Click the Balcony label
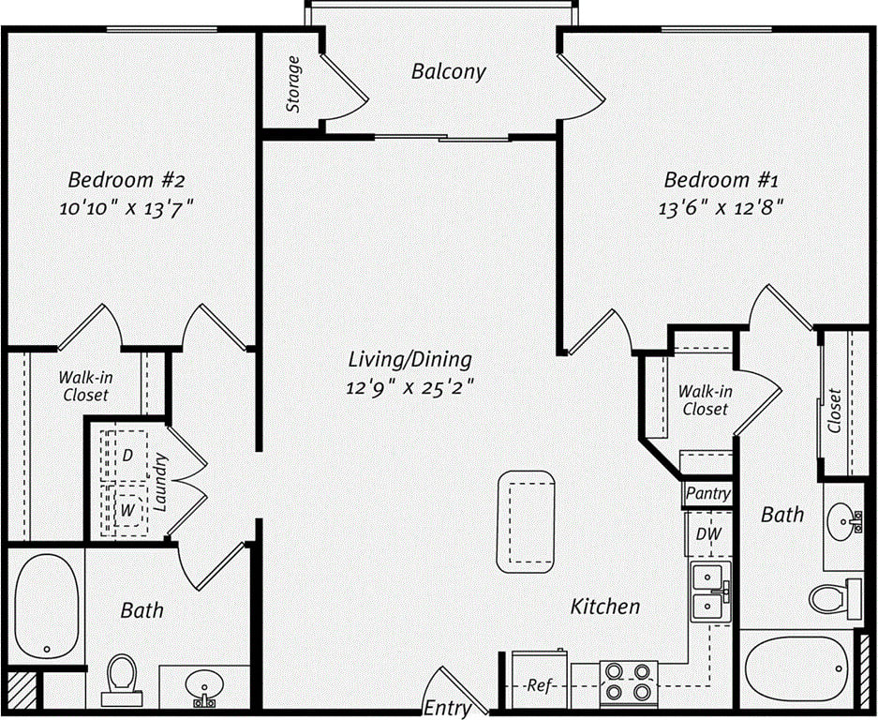(449, 71)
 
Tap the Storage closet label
(294, 84)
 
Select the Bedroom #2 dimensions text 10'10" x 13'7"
(130, 208)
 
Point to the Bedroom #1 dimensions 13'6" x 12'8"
(720, 207)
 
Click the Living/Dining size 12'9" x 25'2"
(409, 387)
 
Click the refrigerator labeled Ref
(539, 684)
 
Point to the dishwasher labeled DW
(707, 534)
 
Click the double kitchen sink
(710, 593)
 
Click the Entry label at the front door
(447, 707)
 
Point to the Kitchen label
(605, 607)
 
